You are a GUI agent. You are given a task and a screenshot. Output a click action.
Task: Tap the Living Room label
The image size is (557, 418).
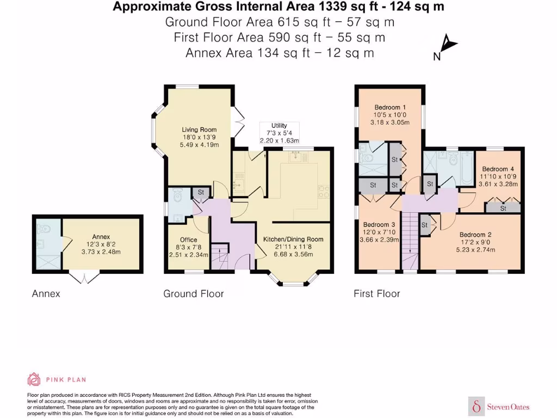point(199,130)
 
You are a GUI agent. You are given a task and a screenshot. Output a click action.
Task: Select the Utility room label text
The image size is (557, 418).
point(279,126)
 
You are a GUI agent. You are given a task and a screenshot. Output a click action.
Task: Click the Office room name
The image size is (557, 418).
point(188,239)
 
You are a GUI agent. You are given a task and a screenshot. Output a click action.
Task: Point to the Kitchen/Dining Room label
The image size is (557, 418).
point(293,239)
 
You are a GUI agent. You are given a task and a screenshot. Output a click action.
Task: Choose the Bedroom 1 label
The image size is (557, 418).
point(390,107)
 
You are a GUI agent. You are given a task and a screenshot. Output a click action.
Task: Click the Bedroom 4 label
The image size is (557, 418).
point(498,169)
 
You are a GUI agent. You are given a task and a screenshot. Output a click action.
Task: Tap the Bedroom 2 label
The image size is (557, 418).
point(475,235)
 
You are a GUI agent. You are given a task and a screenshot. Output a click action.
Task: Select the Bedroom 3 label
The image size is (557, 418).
point(379,225)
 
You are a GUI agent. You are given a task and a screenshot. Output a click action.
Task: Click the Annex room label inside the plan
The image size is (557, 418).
point(101,237)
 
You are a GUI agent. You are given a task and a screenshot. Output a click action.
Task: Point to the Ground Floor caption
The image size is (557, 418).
point(194,293)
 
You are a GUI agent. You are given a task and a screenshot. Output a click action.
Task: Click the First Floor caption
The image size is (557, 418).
point(377,293)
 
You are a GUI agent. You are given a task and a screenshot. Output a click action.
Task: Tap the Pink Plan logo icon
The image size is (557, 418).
point(34,379)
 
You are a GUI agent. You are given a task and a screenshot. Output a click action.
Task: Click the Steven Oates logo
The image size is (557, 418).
point(499,406)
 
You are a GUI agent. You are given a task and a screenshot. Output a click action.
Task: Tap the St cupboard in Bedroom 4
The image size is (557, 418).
point(503,208)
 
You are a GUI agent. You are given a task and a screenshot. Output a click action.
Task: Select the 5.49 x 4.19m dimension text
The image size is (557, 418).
point(199,145)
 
